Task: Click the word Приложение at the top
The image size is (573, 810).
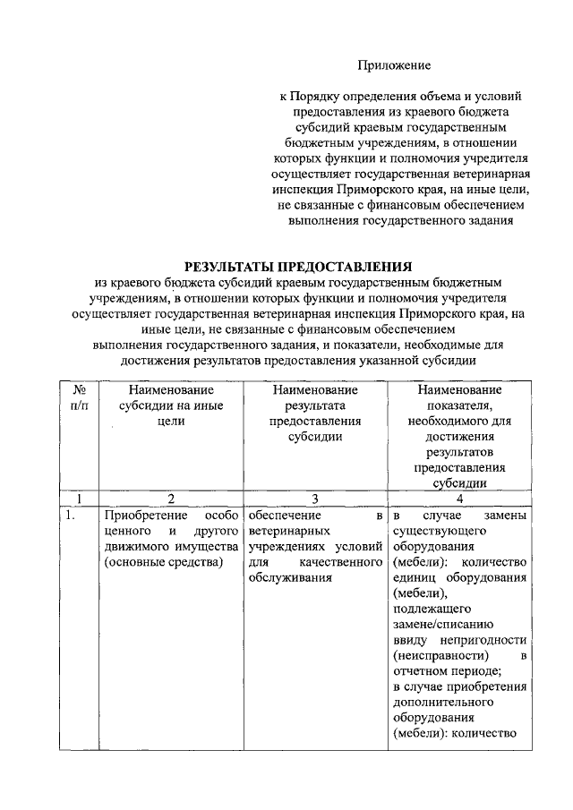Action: (395, 64)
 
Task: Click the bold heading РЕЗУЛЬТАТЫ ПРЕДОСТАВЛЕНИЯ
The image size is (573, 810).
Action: (299, 266)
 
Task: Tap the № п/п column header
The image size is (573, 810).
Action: (79, 397)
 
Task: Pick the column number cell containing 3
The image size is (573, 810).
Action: (315, 499)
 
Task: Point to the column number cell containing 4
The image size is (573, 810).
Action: (459, 499)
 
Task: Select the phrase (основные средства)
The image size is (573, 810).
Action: (162, 562)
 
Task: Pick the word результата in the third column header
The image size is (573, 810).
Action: (315, 405)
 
